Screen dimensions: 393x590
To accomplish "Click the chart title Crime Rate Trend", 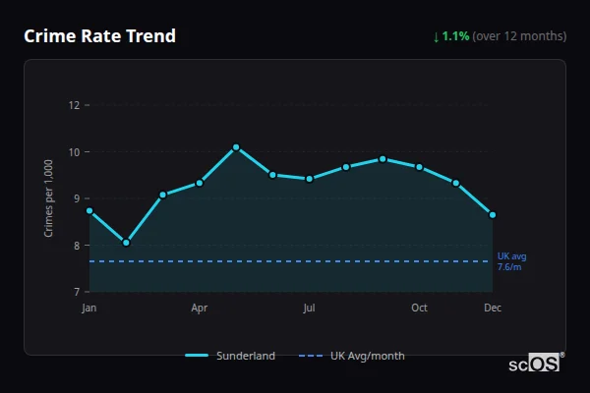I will (x=99, y=36).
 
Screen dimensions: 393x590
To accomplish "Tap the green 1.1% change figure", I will (x=455, y=36).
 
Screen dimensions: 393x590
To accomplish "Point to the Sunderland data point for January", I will (x=89, y=210).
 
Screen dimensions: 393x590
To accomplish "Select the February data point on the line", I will (x=126, y=243).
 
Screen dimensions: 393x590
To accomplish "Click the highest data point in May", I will (x=236, y=147).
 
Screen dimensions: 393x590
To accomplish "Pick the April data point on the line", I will (x=200, y=183).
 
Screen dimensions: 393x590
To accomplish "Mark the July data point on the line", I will (x=310, y=179).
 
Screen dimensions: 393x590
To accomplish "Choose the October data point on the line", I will (x=419, y=167).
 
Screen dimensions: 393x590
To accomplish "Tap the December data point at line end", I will (x=493, y=214).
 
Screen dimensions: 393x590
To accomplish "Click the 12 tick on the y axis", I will (x=74, y=105).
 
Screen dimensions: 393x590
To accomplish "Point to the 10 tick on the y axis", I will (x=74, y=152).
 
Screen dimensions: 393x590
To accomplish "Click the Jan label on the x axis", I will (x=89, y=309).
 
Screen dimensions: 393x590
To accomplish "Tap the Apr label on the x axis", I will (x=200, y=309).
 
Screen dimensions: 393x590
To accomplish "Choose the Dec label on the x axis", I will (x=493, y=309).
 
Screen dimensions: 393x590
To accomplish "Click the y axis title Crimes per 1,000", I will (x=49, y=198).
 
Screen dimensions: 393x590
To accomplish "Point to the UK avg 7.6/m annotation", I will (x=511, y=261).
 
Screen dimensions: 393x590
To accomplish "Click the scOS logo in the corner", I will (x=535, y=364).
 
